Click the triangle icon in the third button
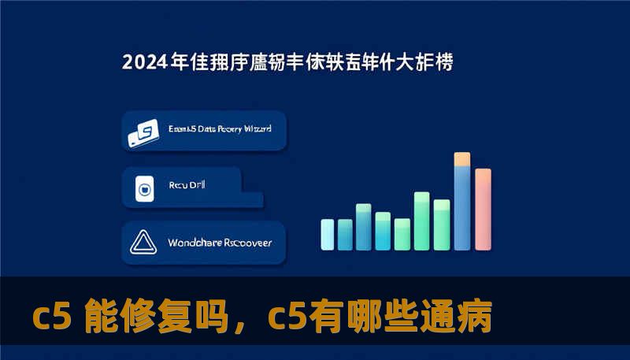tap(144, 243)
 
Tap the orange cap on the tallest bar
tap(462, 159)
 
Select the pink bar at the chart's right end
tap(483, 209)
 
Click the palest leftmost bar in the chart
tap(327, 233)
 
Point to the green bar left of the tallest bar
tap(442, 224)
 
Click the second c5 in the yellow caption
tap(283, 318)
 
